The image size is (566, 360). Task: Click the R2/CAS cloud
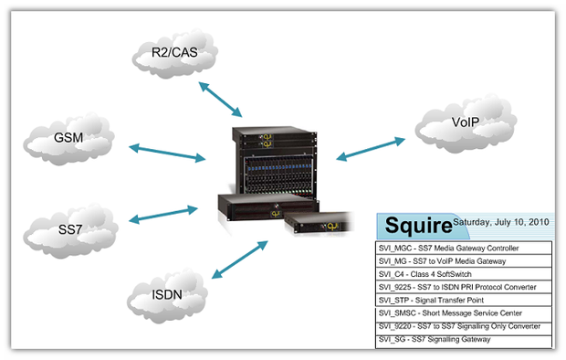(x=174, y=58)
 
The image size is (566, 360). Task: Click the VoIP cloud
(x=465, y=122)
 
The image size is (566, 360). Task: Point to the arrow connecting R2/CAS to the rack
(x=221, y=97)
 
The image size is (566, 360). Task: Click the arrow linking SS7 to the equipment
(x=165, y=215)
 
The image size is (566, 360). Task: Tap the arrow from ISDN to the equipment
(x=238, y=260)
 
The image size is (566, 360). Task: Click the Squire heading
(x=417, y=225)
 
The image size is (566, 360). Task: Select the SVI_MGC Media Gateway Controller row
(x=464, y=248)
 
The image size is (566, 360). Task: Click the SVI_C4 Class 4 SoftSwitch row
(x=464, y=274)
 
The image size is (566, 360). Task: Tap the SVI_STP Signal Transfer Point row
(x=464, y=300)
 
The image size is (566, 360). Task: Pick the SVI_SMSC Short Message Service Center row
(x=464, y=312)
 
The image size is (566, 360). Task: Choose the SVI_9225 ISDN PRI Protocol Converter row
(x=464, y=287)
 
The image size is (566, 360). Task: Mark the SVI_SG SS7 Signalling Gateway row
(x=464, y=339)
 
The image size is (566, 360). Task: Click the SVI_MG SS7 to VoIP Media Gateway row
(x=464, y=261)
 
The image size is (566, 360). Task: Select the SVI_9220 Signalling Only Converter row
(x=464, y=326)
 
